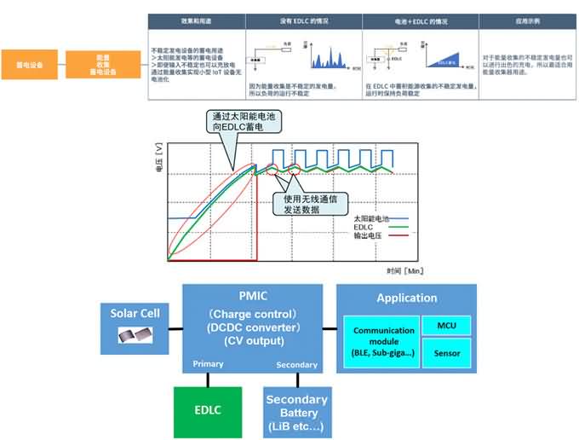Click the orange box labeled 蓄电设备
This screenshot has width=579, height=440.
coord(30,64)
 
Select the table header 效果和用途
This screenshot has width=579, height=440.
coord(196,20)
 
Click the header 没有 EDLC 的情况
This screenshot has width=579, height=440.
coord(302,20)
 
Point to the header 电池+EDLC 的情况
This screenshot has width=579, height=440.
coord(417,20)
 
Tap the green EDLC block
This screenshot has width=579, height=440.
coord(207,409)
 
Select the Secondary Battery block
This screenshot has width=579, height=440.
coord(296,412)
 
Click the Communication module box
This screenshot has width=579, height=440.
coord(381,340)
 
